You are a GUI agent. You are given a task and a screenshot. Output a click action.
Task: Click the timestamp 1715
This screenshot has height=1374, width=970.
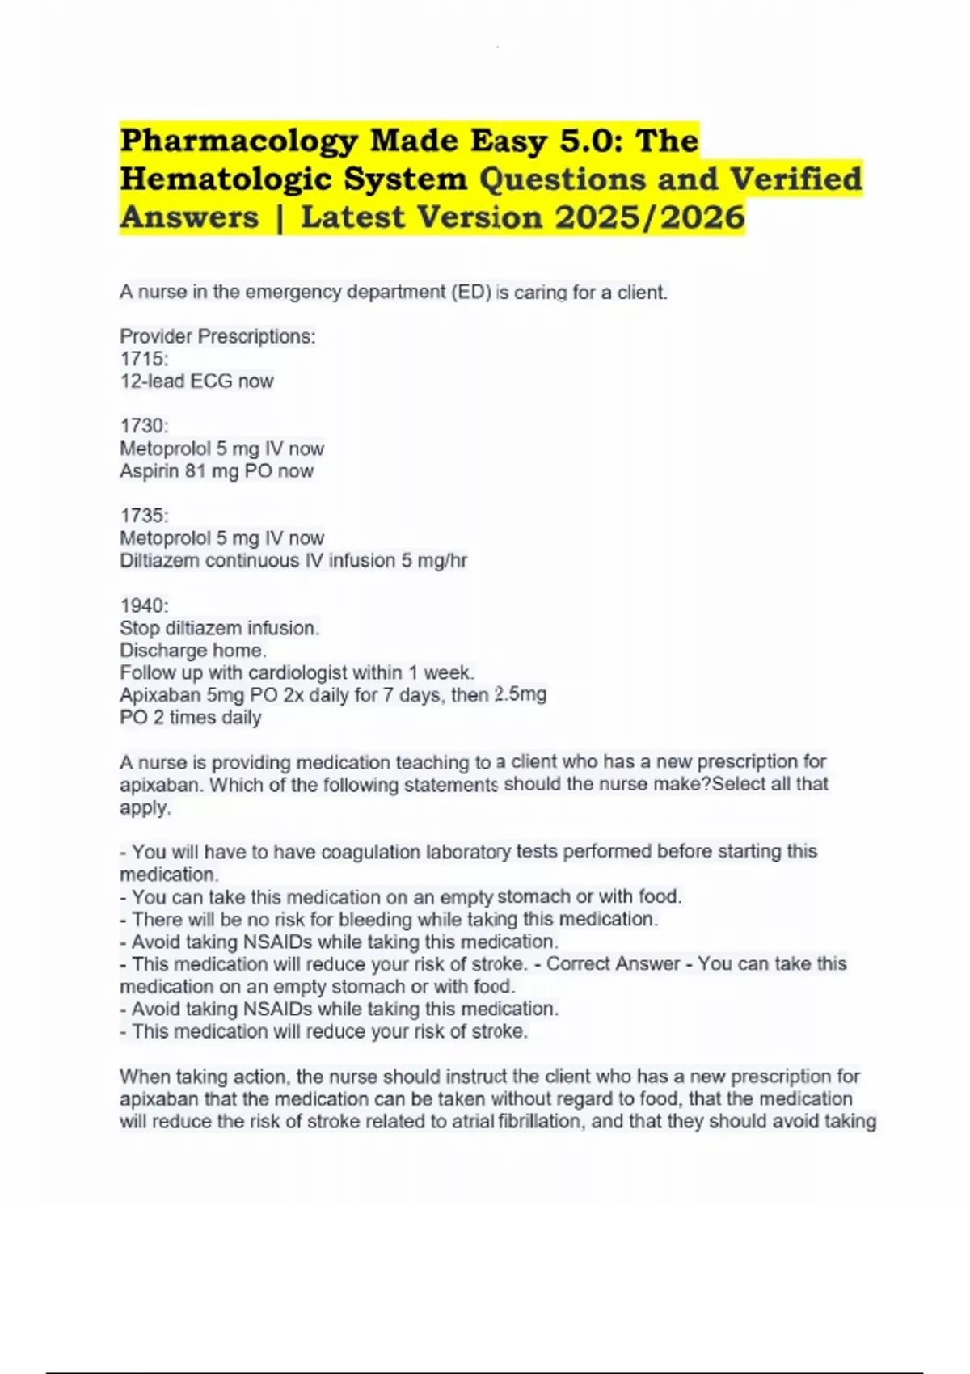tap(143, 359)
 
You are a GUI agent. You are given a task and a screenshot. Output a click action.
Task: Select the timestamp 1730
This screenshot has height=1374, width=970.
tap(143, 426)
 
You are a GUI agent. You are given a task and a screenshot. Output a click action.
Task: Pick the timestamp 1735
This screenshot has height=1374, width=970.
tap(143, 516)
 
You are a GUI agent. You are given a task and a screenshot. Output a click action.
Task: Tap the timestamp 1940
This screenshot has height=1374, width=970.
tap(143, 605)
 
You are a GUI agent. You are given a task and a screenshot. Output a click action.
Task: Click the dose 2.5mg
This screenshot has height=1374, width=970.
tap(520, 694)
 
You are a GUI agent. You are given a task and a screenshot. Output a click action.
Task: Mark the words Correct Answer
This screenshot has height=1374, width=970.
tap(614, 964)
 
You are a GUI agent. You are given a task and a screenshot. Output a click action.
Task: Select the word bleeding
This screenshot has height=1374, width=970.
tap(375, 920)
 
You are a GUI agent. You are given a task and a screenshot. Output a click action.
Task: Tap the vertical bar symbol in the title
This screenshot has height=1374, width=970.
tap(280, 217)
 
